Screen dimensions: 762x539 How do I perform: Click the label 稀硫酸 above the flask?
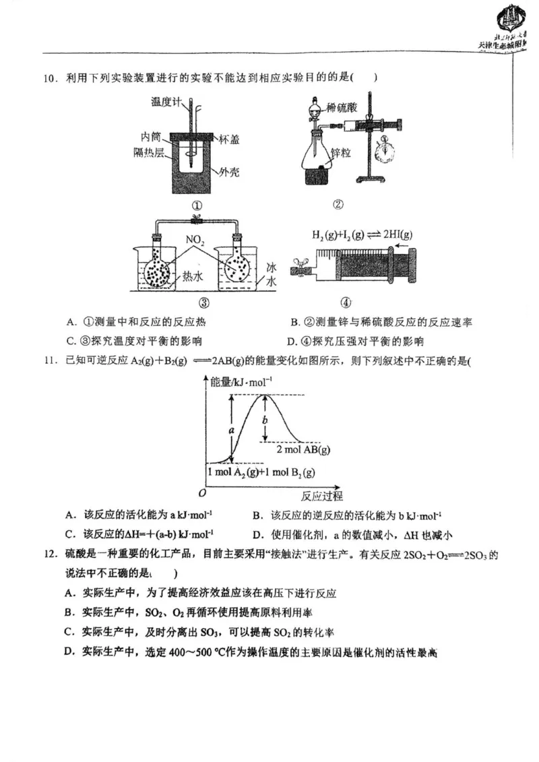341,106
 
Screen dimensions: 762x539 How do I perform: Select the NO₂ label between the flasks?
195,239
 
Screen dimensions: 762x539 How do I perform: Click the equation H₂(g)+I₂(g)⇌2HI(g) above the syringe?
362,235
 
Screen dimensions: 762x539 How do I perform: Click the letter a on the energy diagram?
232,428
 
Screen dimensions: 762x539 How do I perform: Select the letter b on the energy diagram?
265,419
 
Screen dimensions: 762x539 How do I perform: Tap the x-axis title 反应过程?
321,497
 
